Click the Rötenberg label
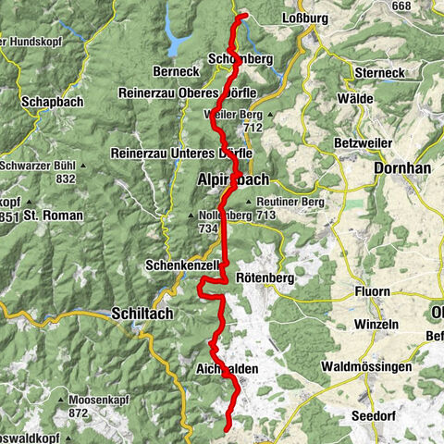point(267,277)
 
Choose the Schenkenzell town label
point(181,265)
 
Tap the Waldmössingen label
point(366,367)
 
